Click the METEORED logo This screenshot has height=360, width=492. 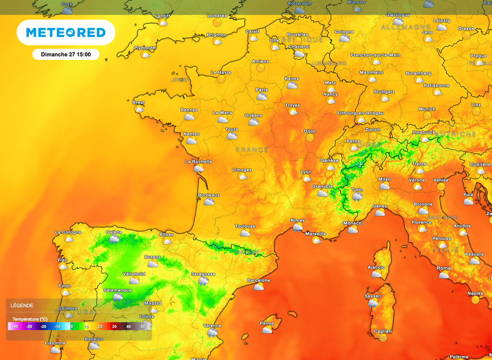66,33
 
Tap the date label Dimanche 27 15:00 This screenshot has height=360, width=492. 66,54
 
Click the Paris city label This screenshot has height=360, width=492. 262,90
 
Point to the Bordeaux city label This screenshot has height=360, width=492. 209,195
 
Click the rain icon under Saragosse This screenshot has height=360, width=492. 203,281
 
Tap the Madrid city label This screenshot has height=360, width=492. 153,303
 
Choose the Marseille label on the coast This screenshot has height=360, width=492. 316,234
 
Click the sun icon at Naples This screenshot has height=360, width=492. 476,300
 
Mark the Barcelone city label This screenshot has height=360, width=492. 258,280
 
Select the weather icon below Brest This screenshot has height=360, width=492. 139,109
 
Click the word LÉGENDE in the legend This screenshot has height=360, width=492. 23,305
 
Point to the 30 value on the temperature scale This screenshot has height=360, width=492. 114,326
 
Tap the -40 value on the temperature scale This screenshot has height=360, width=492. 15,326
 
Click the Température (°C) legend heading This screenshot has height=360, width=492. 30,319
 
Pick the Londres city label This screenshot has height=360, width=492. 217,16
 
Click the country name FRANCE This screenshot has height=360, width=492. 252,150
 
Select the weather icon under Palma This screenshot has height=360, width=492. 267,330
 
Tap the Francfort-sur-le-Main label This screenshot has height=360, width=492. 375,55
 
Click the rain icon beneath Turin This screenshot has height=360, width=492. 357,196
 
